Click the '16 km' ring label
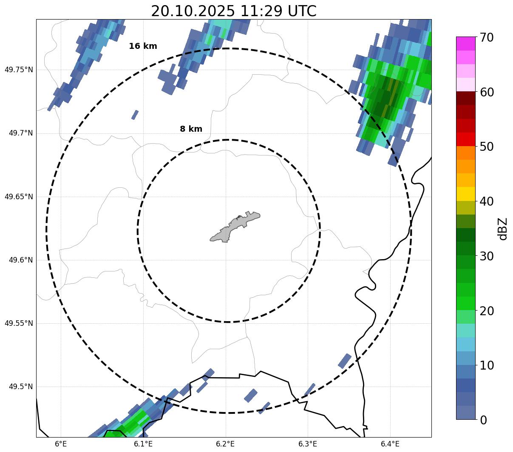[x=143, y=46]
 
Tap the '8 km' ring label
[x=191, y=129]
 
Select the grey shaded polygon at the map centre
[x=235, y=227]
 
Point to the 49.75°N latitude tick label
[x=19, y=70]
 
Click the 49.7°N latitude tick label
[x=20, y=133]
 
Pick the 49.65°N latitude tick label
[x=19, y=197]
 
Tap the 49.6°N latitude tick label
[x=20, y=260]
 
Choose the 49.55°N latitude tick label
[x=19, y=323]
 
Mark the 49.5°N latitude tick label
[x=20, y=387]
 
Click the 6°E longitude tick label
[x=61, y=444]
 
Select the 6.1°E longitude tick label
[x=143, y=444]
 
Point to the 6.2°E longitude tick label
[x=225, y=444]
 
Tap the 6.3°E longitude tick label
[x=308, y=444]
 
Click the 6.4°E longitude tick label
[x=390, y=444]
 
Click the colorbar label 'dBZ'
[x=503, y=229]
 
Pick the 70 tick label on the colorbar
[x=487, y=37]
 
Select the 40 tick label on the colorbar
[x=487, y=201]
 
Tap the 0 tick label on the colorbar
[x=483, y=420]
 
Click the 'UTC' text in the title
[x=302, y=11]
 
